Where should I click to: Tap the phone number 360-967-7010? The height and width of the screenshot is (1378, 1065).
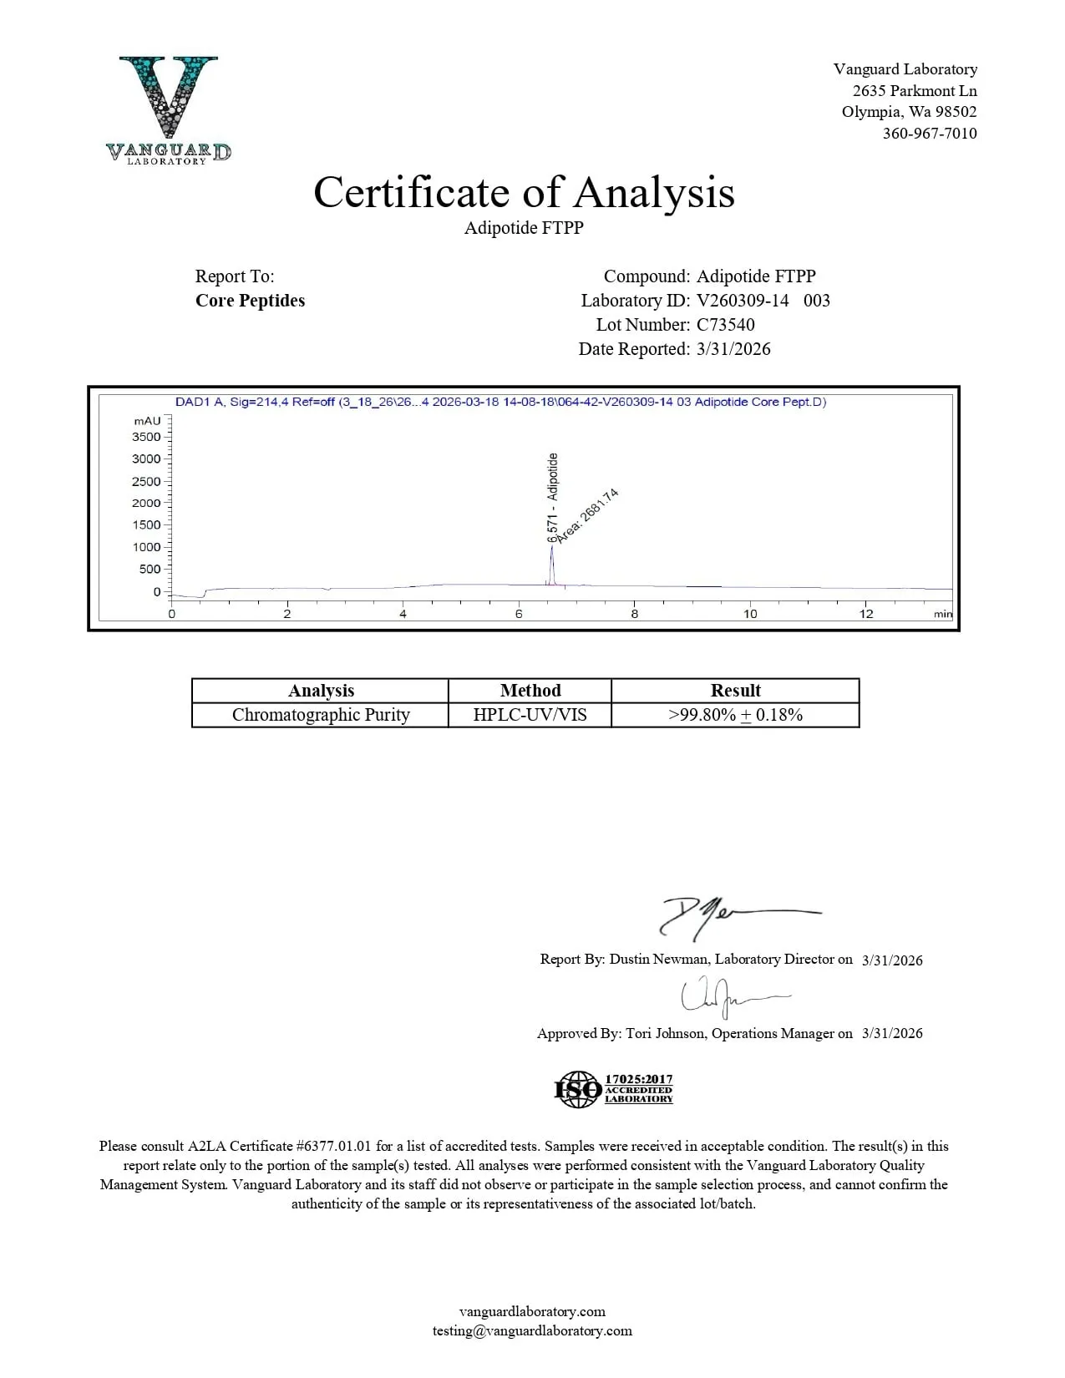click(x=929, y=134)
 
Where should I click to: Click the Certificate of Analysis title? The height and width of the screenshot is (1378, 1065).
click(x=524, y=192)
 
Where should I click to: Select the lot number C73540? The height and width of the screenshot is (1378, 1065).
click(x=725, y=325)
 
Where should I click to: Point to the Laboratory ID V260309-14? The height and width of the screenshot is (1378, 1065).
click(x=743, y=301)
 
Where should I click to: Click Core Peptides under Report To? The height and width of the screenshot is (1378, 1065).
click(x=250, y=301)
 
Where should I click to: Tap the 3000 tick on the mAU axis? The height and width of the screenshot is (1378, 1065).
click(x=147, y=458)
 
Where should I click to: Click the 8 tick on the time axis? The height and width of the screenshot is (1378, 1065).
click(x=634, y=614)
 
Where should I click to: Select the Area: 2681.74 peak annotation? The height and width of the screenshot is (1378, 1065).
click(x=587, y=515)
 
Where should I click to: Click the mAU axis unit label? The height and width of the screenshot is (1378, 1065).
click(x=147, y=421)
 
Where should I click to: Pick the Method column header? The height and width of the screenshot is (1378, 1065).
click(x=530, y=691)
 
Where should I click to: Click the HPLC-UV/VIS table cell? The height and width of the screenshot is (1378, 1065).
click(x=530, y=715)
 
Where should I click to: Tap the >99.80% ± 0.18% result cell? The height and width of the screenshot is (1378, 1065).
click(x=735, y=715)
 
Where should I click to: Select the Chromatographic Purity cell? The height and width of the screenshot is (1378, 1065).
click(x=321, y=715)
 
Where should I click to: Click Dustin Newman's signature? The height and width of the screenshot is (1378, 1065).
click(x=735, y=917)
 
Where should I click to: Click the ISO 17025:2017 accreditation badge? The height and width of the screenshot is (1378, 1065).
click(x=614, y=1090)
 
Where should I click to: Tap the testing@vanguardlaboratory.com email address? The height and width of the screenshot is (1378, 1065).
click(x=532, y=1331)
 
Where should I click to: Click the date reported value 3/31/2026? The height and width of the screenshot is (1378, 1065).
click(x=733, y=349)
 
